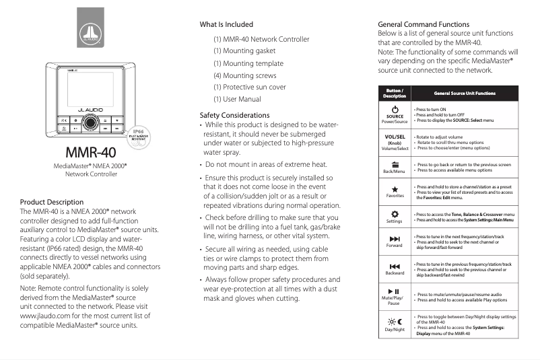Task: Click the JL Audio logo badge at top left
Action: [90, 28]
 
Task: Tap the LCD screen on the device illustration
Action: [85, 89]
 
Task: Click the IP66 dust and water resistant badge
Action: [138, 134]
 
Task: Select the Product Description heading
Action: [52, 202]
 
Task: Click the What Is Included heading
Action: [227, 25]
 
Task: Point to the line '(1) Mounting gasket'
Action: [244, 51]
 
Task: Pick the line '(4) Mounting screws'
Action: [245, 75]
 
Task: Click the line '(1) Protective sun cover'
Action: [249, 87]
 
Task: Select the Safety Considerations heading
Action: [234, 115]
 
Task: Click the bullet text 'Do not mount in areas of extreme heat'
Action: [266, 164]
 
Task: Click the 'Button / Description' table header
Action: [395, 94]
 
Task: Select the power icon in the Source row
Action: [395, 109]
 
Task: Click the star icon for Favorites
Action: [395, 189]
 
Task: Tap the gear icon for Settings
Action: [395, 214]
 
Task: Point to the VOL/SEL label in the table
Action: [395, 137]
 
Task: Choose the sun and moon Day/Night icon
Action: [395, 322]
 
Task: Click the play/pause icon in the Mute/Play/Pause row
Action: [395, 291]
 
